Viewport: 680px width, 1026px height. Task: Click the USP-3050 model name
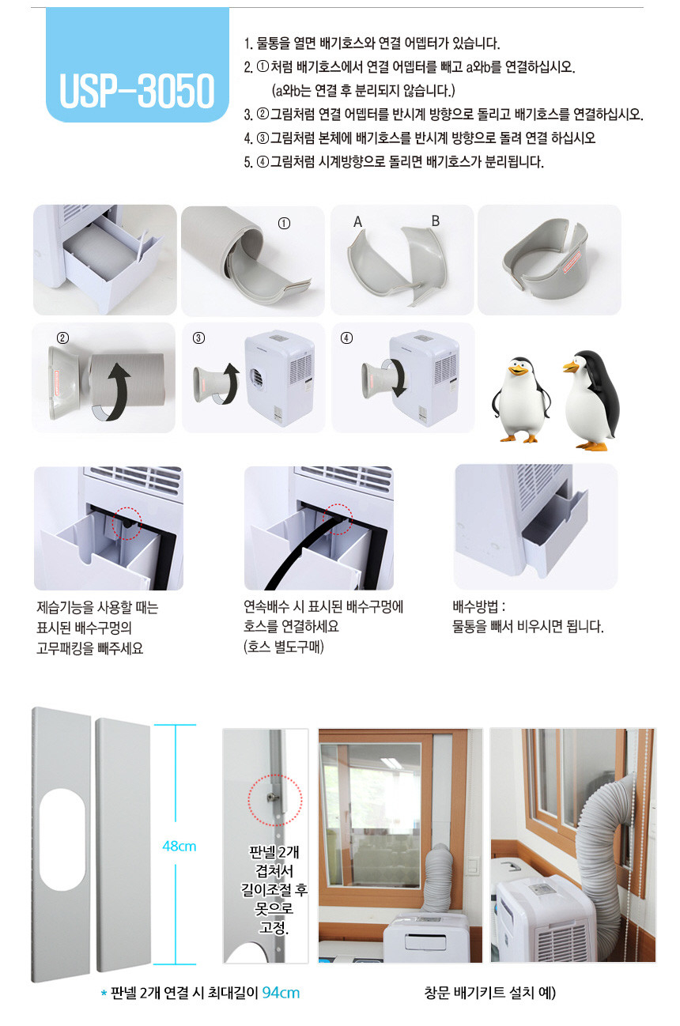pos(137,90)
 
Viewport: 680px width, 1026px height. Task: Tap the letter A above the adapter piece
pos(357,222)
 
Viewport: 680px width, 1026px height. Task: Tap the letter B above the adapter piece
pos(436,221)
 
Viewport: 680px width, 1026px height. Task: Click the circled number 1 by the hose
pos(284,224)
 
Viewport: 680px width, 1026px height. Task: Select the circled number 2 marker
pos(62,338)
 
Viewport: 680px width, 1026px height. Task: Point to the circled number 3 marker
pos(198,338)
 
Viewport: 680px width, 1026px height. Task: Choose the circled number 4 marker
pos(347,338)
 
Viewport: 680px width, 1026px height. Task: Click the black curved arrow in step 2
pos(120,390)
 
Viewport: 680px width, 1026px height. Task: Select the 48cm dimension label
pos(179,847)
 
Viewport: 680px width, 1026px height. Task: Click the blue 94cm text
pos(281,993)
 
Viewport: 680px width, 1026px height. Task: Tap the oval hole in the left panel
pos(62,839)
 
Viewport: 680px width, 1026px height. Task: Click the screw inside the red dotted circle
pos(272,798)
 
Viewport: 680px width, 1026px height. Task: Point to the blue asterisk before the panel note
pos(104,993)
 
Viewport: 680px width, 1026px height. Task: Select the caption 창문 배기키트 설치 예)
pos(490,993)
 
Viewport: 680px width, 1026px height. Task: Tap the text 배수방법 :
pos(479,607)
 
